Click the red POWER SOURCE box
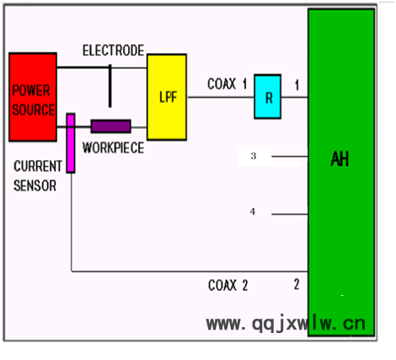(33, 97)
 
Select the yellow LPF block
(167, 97)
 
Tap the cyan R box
(268, 97)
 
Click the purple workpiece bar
(111, 126)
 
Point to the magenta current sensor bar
(71, 143)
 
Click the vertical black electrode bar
(110, 86)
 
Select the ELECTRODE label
(113, 51)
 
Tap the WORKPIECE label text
(113, 148)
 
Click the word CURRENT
(38, 166)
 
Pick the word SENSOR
(35, 185)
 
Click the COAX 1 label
(227, 84)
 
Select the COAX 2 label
(228, 285)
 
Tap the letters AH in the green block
(340, 159)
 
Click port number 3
(254, 156)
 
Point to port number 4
(253, 212)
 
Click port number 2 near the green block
(297, 285)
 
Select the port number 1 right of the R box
(297, 85)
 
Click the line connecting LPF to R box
(221, 97)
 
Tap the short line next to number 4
(290, 214)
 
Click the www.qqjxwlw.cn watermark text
(286, 324)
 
